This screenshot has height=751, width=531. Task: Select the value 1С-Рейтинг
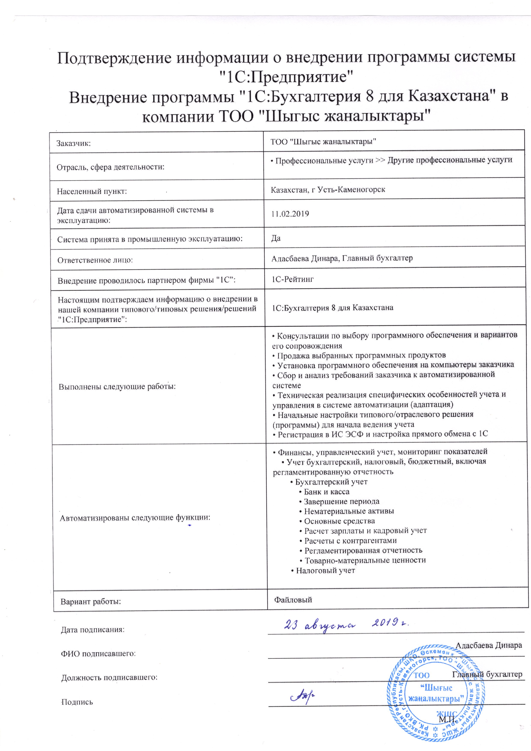pos(293,279)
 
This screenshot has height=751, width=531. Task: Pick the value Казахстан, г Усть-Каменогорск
pos(328,189)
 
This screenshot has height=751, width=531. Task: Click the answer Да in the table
pos(276,238)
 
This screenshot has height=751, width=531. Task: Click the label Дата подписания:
pos(93,630)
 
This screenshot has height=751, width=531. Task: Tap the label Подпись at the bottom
pos(77,702)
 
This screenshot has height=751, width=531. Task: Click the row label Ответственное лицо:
pos(95,260)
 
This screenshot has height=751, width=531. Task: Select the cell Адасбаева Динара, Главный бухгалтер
pos(342,258)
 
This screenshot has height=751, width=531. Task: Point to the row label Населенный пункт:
pos(92,191)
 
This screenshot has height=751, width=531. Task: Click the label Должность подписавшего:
pos(109,677)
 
